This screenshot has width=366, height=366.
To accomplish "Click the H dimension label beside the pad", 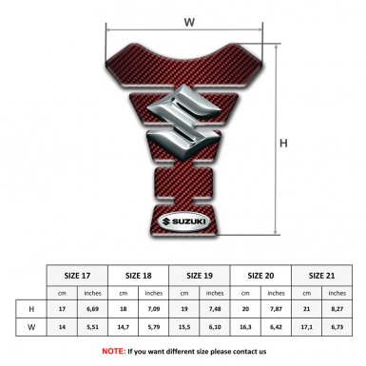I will (x=282, y=143).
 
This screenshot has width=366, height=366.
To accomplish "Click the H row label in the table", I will (x=31, y=309).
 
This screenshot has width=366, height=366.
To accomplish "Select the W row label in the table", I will (x=31, y=329).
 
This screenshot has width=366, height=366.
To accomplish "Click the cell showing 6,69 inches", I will (x=92, y=309).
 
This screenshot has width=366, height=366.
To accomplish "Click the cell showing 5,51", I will (x=92, y=329).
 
